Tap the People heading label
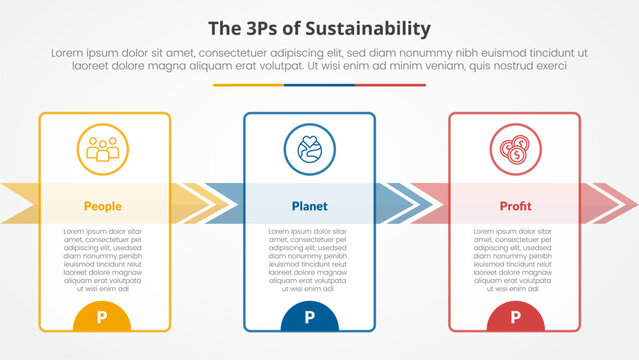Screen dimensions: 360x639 pyautogui.click(x=103, y=206)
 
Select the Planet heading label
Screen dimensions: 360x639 pyautogui.click(x=309, y=206)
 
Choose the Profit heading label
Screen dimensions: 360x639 pyautogui.click(x=515, y=206)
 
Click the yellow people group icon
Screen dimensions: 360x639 pyautogui.click(x=103, y=149)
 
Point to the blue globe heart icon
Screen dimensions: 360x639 pyautogui.click(x=309, y=149)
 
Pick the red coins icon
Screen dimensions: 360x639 pyautogui.click(x=515, y=149)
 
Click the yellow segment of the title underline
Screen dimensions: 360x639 pyautogui.click(x=248, y=85)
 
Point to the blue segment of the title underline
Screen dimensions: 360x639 pyautogui.click(x=319, y=85)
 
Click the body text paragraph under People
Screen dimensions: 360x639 pyautogui.click(x=103, y=259)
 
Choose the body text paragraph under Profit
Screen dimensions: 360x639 pyautogui.click(x=515, y=259)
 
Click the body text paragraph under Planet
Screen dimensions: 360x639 pyautogui.click(x=309, y=259)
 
